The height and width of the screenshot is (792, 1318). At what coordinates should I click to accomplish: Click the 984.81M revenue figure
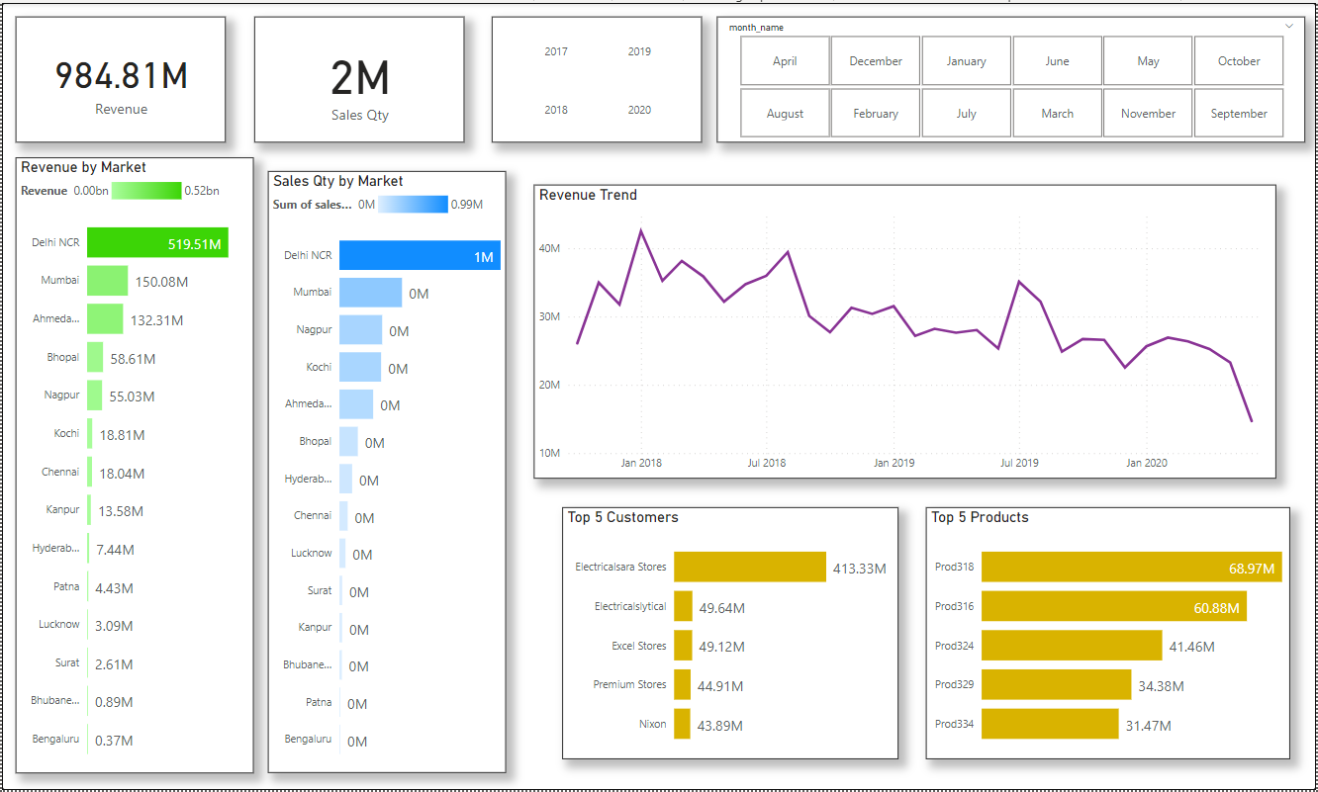click(121, 76)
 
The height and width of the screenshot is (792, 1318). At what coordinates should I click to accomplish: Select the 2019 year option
click(639, 51)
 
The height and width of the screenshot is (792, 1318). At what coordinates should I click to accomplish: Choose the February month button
click(876, 114)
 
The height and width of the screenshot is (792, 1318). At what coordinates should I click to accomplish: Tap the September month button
click(1239, 114)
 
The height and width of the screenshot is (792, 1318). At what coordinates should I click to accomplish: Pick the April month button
click(785, 61)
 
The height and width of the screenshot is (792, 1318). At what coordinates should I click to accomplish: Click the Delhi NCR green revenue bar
click(157, 242)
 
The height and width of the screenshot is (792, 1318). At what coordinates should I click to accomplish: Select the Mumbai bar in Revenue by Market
click(107, 281)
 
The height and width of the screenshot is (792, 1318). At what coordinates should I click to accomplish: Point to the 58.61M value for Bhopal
click(133, 359)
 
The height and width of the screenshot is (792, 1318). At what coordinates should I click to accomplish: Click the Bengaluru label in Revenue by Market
click(54, 739)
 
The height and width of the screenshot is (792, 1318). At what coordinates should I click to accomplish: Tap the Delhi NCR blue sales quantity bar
click(420, 255)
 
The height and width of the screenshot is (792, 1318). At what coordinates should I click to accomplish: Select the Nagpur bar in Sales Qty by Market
click(360, 330)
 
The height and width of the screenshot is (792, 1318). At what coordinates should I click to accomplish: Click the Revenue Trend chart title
click(588, 195)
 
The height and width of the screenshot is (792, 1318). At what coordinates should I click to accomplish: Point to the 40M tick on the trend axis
click(548, 248)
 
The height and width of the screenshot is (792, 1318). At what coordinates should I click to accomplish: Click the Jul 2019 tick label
click(1019, 462)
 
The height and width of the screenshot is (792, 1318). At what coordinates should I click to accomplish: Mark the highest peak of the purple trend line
click(641, 230)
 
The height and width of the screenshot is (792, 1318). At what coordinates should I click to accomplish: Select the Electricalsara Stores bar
click(749, 567)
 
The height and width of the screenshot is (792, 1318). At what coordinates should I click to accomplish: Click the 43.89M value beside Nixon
click(720, 726)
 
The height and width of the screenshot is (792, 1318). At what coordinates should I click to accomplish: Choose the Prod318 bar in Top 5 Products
click(1131, 567)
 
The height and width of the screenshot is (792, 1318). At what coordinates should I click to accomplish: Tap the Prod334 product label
click(954, 724)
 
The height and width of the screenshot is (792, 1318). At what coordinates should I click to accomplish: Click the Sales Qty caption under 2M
click(359, 115)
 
